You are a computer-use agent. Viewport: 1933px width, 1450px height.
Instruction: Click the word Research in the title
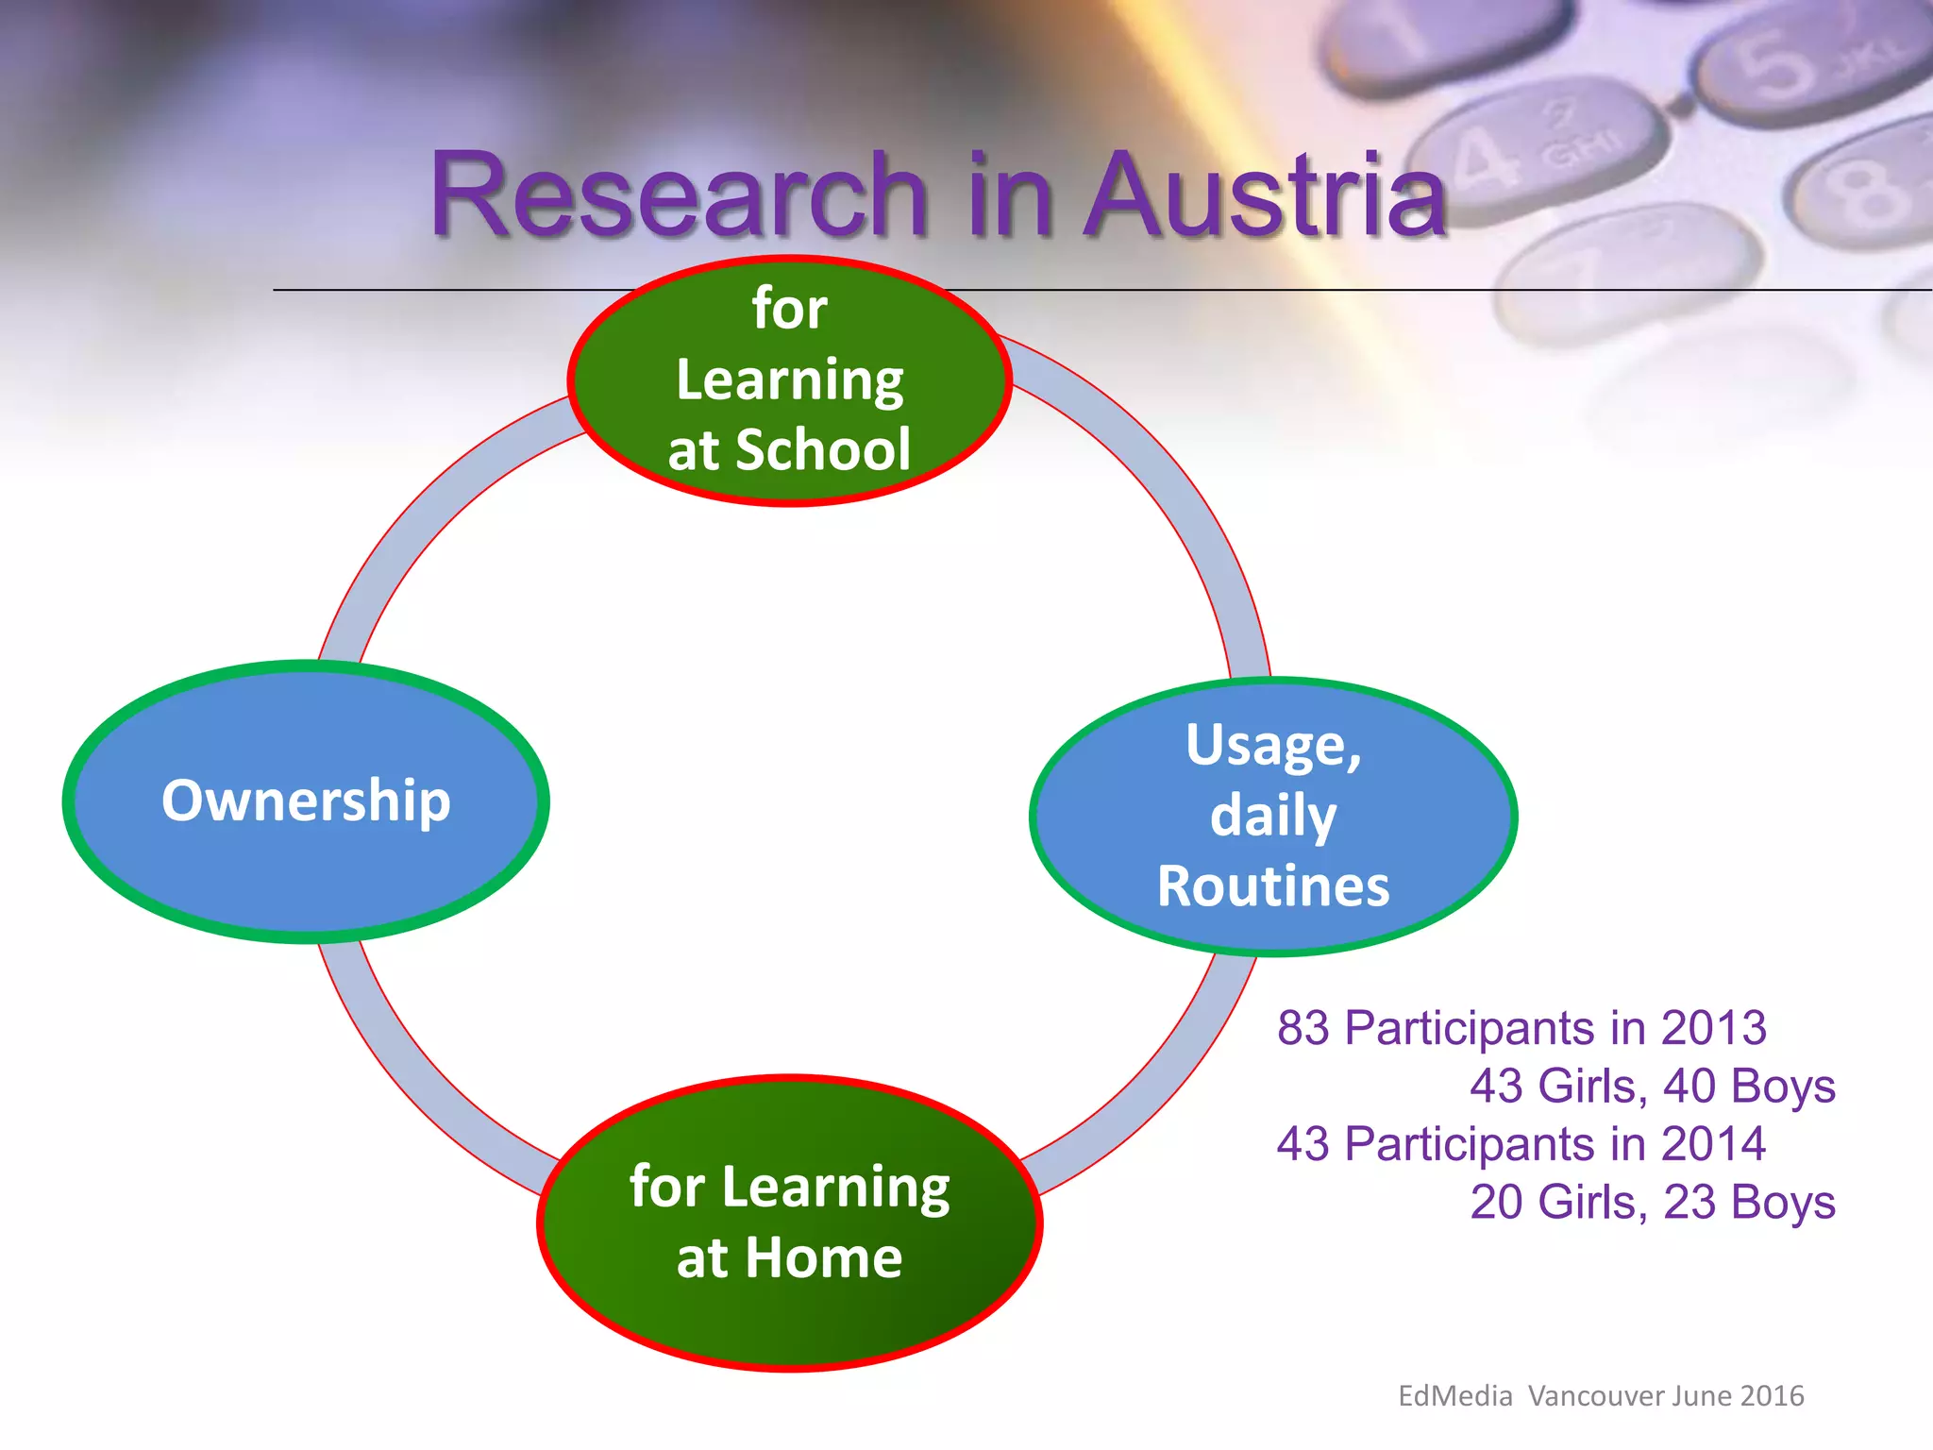point(678,196)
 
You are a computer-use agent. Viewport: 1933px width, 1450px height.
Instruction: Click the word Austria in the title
point(1265,196)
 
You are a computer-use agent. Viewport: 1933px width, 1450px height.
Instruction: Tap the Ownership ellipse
point(306,801)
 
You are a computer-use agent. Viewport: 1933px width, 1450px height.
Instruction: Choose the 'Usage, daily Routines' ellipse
point(1273,817)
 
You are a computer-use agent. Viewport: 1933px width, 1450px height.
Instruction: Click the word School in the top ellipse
point(823,449)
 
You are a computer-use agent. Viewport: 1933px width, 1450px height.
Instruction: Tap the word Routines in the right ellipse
point(1273,886)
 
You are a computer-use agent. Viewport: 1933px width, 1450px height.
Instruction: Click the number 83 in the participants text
point(1303,1028)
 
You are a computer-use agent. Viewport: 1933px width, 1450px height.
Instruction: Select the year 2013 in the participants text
point(1713,1028)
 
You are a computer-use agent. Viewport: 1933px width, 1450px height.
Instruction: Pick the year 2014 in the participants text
point(1713,1144)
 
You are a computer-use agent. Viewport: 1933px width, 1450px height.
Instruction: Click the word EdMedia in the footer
point(1454,1396)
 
